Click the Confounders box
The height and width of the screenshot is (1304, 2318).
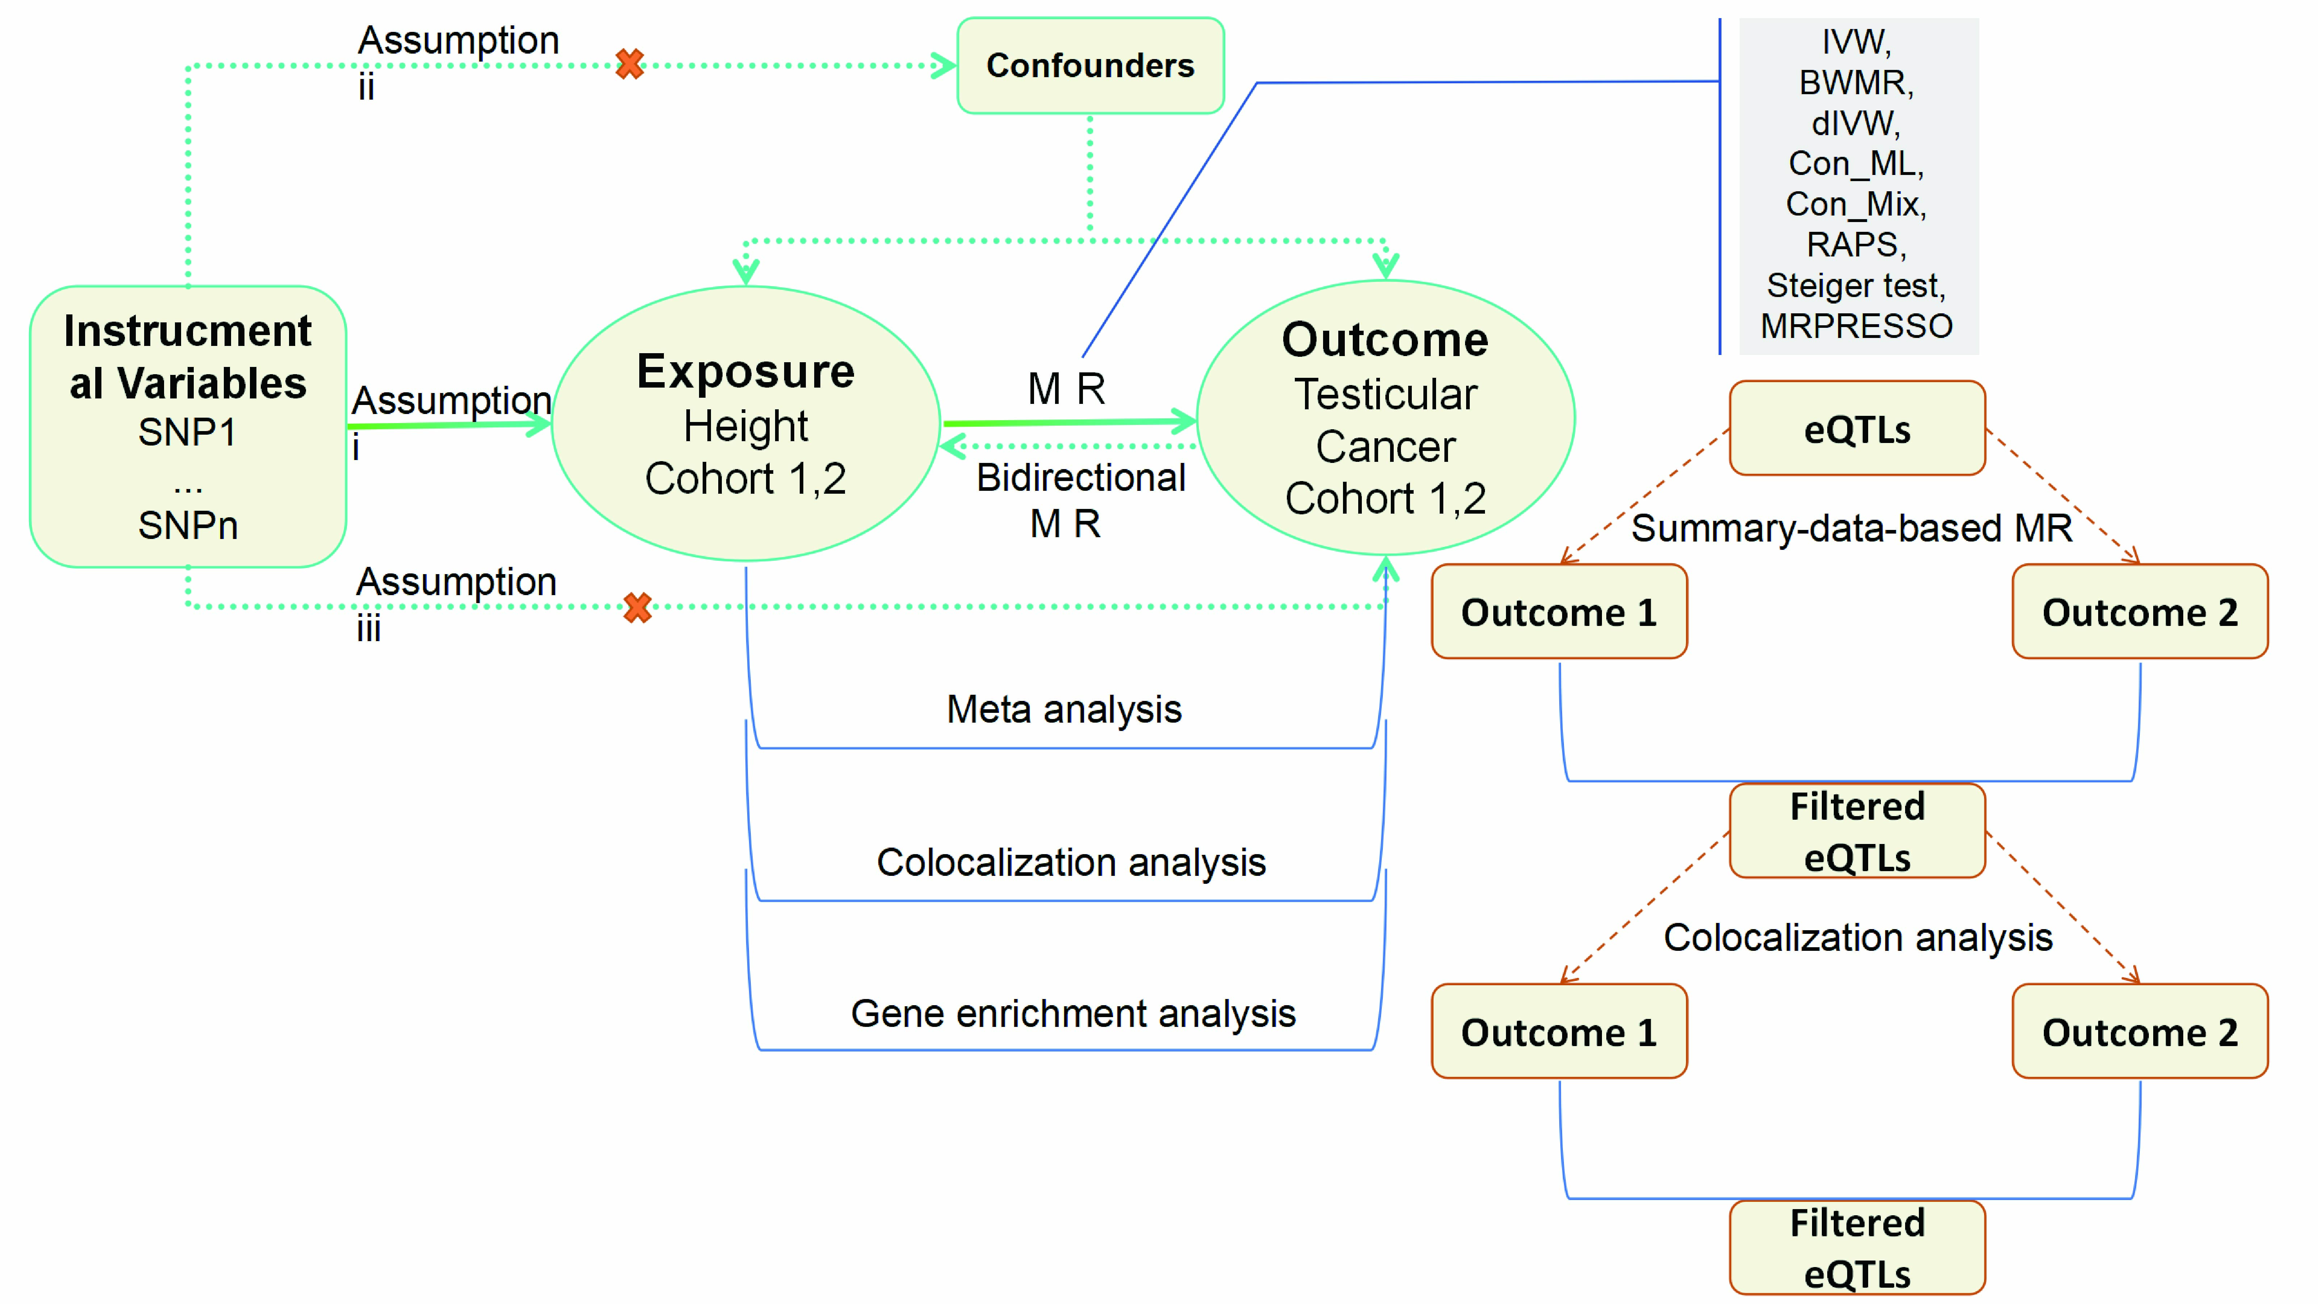pyautogui.click(x=1090, y=66)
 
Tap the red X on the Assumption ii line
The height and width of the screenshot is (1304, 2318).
pyautogui.click(x=630, y=64)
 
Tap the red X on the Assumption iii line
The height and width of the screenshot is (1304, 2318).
pyautogui.click(x=638, y=607)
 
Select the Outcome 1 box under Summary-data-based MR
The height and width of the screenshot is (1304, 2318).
pyautogui.click(x=1558, y=612)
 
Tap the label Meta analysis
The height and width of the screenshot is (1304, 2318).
pyautogui.click(x=1064, y=709)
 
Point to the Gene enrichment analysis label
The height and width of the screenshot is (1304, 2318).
pyautogui.click(x=1072, y=1013)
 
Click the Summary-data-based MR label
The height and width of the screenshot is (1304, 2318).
pyautogui.click(x=1851, y=528)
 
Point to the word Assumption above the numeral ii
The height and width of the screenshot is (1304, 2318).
pyautogui.click(x=458, y=41)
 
